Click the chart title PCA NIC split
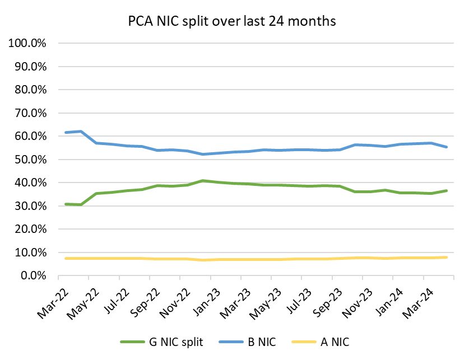231,21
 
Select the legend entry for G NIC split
161,342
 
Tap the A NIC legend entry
332,342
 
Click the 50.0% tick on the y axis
30,160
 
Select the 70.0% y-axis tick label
30,113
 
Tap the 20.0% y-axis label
30,230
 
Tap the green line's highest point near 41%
203,181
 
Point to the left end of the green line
66,204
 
